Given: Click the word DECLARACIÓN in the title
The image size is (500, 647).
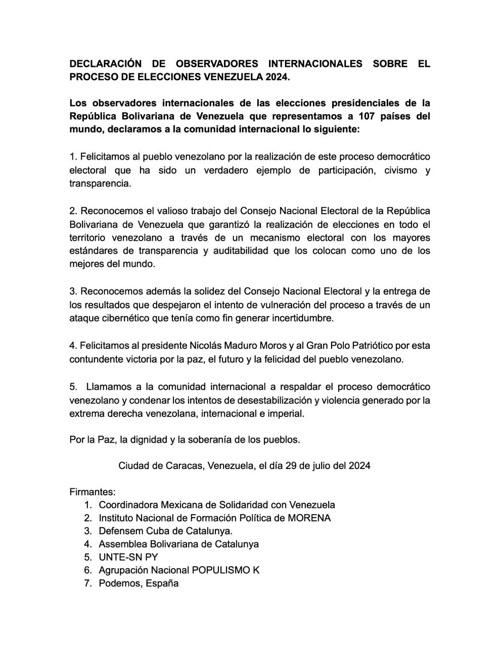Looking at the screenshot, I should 105,64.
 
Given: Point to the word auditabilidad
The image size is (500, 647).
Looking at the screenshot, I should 238,251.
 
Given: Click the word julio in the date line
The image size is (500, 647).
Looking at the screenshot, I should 322,466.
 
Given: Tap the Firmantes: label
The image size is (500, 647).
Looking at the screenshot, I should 93,491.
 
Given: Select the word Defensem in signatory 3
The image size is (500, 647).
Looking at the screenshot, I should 119,531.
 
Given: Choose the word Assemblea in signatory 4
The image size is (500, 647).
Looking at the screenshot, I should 122,544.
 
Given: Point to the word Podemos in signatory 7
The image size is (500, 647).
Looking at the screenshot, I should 119,583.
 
